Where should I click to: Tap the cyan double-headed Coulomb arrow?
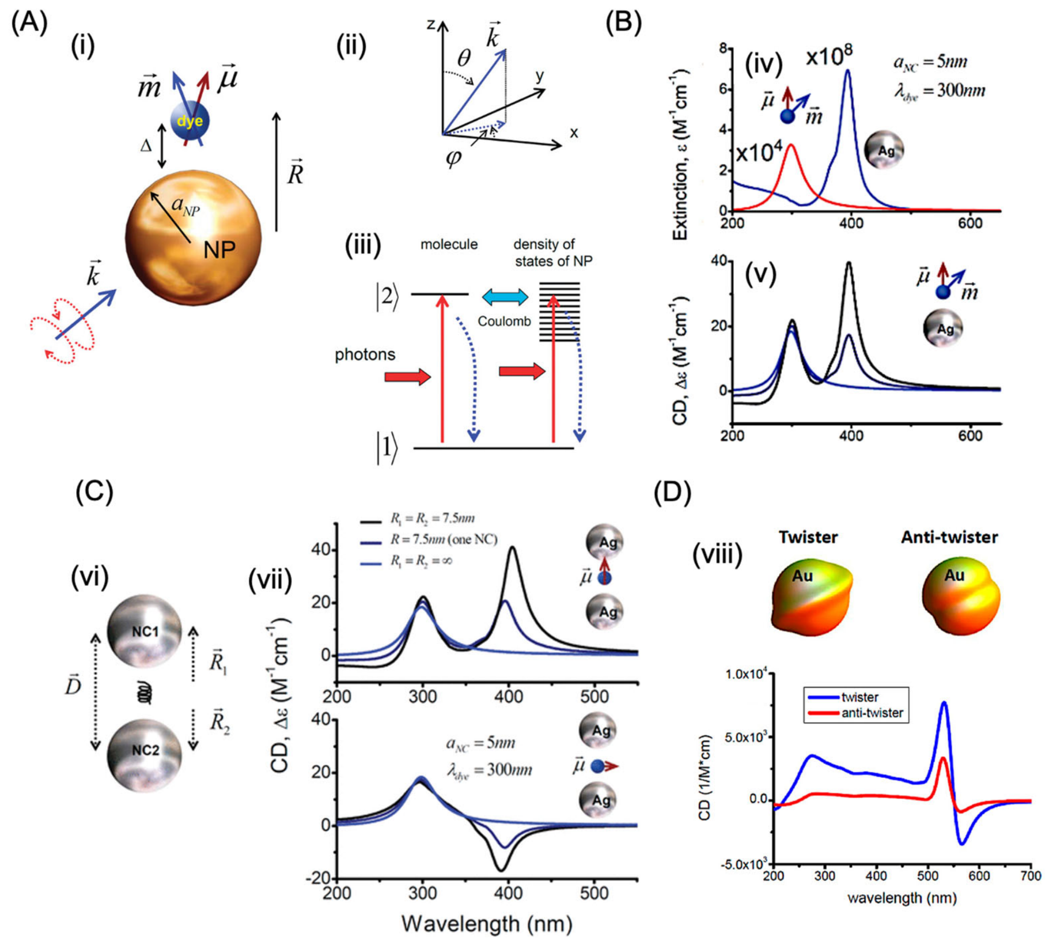tap(505, 297)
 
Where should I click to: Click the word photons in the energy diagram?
tap(365, 354)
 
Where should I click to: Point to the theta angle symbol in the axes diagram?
tap(464, 58)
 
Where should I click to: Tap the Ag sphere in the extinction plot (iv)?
tap(884, 150)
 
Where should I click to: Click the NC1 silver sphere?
tap(145, 632)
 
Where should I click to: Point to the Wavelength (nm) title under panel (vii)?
tap(487, 924)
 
